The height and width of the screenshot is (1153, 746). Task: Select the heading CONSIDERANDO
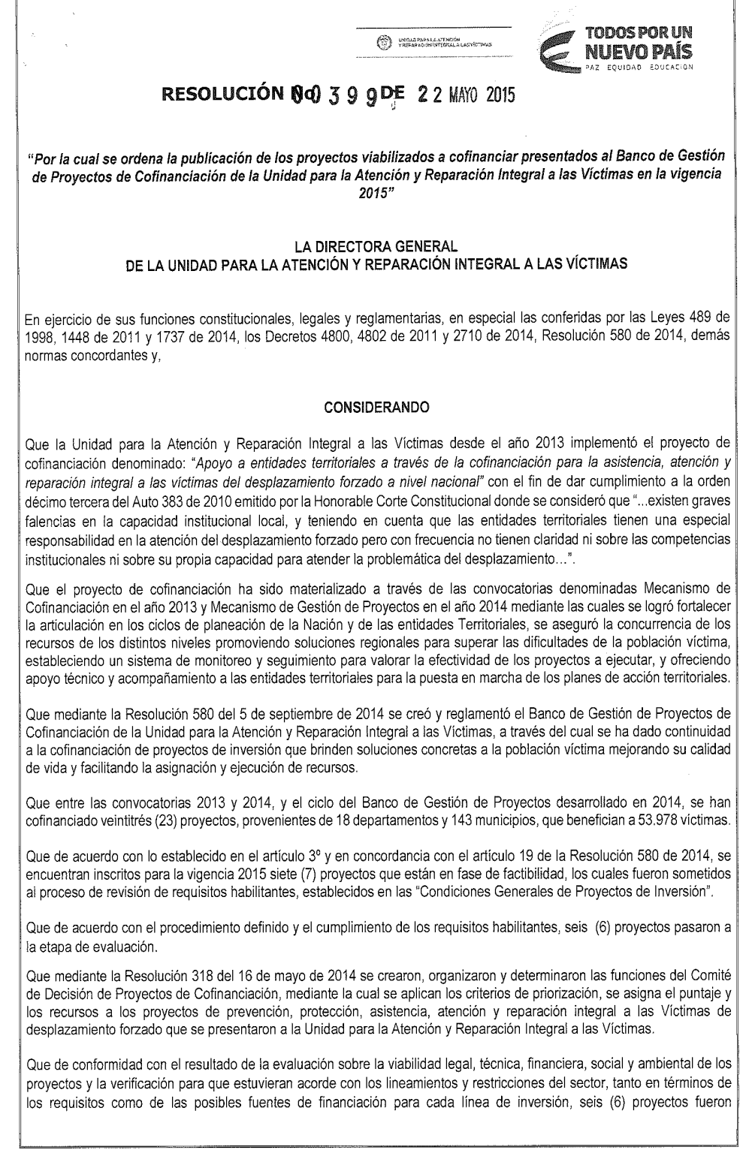coord(376,407)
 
